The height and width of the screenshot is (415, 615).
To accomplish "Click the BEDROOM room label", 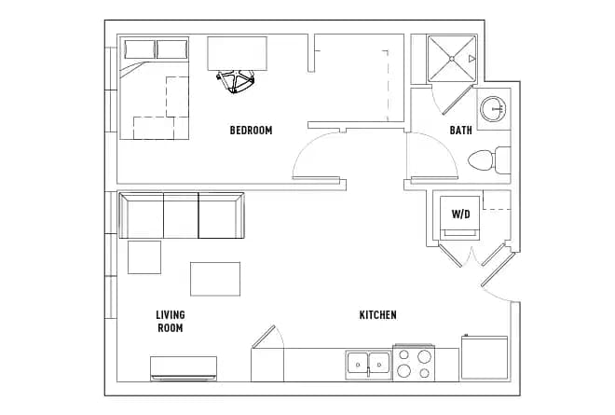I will click(x=251, y=131).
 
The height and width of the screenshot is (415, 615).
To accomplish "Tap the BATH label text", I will click(x=460, y=131).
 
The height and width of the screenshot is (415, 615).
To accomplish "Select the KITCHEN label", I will click(x=377, y=315).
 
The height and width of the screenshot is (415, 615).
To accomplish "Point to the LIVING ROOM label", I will click(x=170, y=322).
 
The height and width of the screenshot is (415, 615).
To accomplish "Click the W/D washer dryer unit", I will click(x=460, y=215).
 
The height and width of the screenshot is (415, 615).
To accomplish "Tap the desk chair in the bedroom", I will click(x=239, y=82).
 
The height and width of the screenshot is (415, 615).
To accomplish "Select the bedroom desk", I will click(x=237, y=53).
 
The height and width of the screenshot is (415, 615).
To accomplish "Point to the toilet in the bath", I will click(x=486, y=160).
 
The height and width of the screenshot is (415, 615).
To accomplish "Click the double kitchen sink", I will click(x=367, y=363).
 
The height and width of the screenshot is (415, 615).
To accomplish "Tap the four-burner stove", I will click(x=415, y=363).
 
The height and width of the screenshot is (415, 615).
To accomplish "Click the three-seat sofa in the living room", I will click(x=183, y=215).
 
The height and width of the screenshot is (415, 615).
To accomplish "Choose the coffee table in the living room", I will click(x=215, y=278).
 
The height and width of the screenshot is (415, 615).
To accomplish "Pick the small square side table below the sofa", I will click(x=144, y=256).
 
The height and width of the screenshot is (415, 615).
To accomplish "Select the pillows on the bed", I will click(x=155, y=49).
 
